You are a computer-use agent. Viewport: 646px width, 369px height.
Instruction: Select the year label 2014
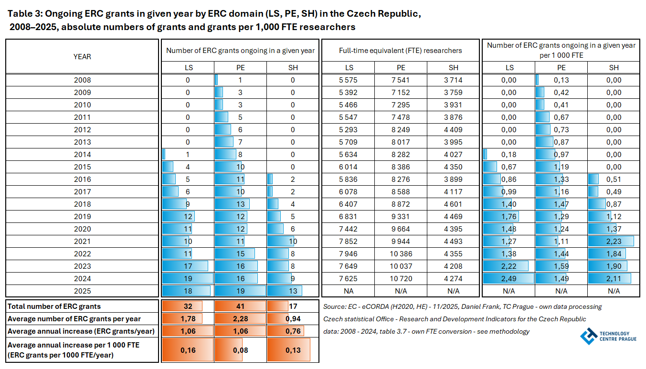coord(82,154)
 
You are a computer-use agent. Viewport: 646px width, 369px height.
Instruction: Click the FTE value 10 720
coord(401,278)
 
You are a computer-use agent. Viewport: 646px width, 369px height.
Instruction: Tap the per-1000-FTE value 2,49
coord(509,278)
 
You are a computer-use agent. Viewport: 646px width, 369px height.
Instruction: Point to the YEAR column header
coord(82,56)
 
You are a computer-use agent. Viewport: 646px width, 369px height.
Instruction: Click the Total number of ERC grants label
coord(54,306)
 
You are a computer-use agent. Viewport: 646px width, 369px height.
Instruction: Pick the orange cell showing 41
coord(240,306)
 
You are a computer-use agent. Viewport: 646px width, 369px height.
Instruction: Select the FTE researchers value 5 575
coord(349,80)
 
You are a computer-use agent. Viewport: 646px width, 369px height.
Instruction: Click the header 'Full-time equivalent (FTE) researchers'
coord(401,50)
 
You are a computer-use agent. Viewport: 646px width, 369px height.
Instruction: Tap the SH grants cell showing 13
coord(293,291)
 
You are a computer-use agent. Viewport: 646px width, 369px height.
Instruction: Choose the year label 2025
coord(82,291)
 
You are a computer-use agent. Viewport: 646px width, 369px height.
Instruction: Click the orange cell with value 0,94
coord(293,319)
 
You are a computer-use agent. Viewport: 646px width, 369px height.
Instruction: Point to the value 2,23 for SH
coord(614,241)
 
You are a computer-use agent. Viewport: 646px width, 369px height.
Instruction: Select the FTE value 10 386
coord(401,253)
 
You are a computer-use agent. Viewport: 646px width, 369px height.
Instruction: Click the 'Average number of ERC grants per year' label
coord(74,319)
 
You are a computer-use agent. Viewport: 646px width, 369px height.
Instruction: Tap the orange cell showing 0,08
coord(240,350)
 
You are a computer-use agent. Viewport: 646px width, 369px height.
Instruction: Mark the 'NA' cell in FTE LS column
coord(349,291)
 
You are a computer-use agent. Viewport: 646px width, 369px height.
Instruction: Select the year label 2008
coord(82,80)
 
